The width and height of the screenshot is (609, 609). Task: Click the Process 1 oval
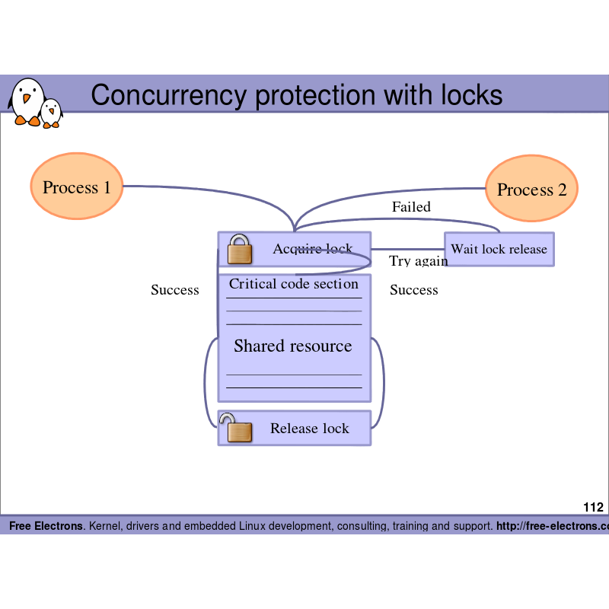[77, 187]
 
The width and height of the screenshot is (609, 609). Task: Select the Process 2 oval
[531, 189]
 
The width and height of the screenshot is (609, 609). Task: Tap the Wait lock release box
[499, 249]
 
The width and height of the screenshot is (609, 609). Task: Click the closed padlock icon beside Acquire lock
[240, 249]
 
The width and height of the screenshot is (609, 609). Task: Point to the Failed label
[411, 207]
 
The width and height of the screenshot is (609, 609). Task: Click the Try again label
[419, 261]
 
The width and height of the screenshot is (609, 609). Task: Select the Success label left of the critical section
[175, 290]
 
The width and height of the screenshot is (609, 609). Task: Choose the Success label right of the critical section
[414, 290]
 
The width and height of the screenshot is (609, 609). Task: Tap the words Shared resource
[293, 346]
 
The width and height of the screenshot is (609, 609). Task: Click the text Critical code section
[294, 284]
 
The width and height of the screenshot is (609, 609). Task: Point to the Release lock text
[310, 429]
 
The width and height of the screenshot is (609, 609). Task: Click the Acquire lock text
[313, 249]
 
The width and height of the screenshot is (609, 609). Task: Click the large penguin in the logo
[27, 101]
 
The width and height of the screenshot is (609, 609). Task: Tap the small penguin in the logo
[52, 113]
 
